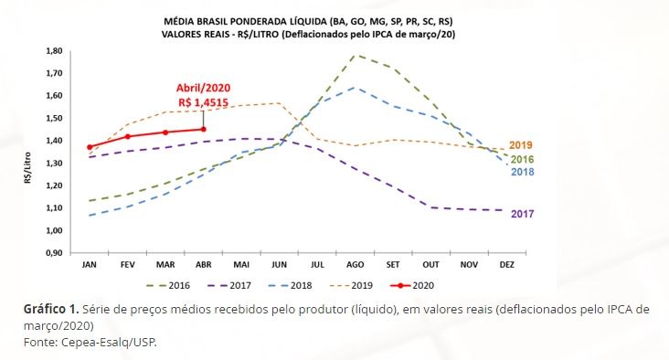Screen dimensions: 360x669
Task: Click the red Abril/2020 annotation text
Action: click(x=203, y=88)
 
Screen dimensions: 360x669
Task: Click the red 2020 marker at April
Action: click(x=204, y=129)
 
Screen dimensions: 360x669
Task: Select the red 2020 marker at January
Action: click(x=90, y=146)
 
